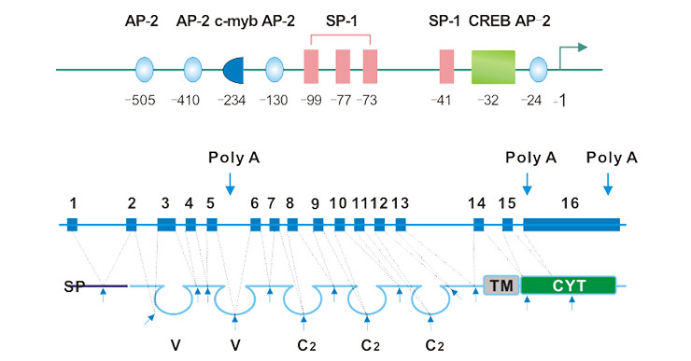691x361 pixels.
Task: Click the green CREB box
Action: [x=493, y=70]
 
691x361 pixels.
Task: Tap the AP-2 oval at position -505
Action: [x=145, y=70]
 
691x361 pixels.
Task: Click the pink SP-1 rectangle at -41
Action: [x=447, y=70]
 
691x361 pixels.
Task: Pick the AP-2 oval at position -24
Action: [x=538, y=70]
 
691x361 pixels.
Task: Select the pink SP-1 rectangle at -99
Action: [x=312, y=70]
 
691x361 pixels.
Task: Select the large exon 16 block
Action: [x=571, y=225]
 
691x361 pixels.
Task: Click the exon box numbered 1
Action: [x=72, y=225]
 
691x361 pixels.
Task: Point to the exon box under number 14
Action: [x=478, y=225]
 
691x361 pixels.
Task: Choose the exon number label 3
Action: [x=165, y=202]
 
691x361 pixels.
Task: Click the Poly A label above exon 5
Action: [x=233, y=158]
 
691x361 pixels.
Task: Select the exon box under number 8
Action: [x=292, y=225]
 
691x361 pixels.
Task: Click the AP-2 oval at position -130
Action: [x=275, y=70]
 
